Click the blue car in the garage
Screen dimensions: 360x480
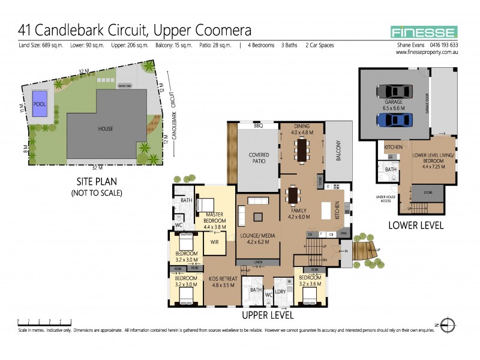coord(394,119)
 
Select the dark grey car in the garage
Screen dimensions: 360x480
coord(394,91)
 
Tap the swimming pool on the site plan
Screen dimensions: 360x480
coord(40,103)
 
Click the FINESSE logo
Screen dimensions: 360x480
coord(424,32)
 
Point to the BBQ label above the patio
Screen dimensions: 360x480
coord(259,126)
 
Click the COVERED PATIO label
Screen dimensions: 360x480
coord(259,158)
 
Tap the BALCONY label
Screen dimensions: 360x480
coord(338,150)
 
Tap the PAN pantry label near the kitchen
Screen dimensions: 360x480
coord(344,234)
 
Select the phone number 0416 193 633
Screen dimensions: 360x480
coord(441,45)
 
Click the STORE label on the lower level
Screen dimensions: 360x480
coord(427,193)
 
